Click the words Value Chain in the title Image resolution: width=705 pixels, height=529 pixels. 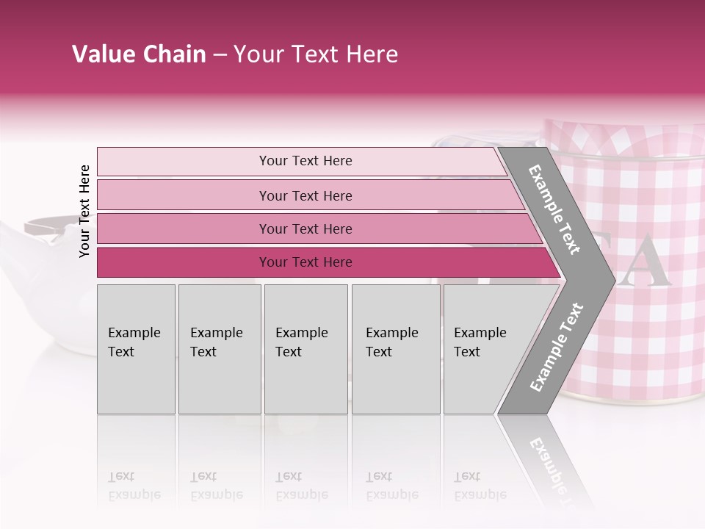(x=139, y=54)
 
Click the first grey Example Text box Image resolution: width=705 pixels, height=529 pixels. (x=136, y=349)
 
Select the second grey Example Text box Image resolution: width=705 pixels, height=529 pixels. (x=219, y=349)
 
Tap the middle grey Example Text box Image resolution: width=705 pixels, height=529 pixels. (x=305, y=349)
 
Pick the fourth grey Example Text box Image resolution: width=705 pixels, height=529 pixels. (x=395, y=349)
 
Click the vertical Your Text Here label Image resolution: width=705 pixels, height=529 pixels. (x=84, y=211)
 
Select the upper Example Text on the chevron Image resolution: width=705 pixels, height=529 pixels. (x=554, y=209)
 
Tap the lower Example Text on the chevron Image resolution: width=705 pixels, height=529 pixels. (x=556, y=348)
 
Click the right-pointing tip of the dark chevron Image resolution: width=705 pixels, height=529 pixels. (x=611, y=280)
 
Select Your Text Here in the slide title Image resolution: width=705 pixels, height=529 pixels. (x=316, y=54)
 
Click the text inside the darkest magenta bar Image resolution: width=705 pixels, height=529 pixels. (x=305, y=262)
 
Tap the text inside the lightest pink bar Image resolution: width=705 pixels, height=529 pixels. (x=305, y=161)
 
